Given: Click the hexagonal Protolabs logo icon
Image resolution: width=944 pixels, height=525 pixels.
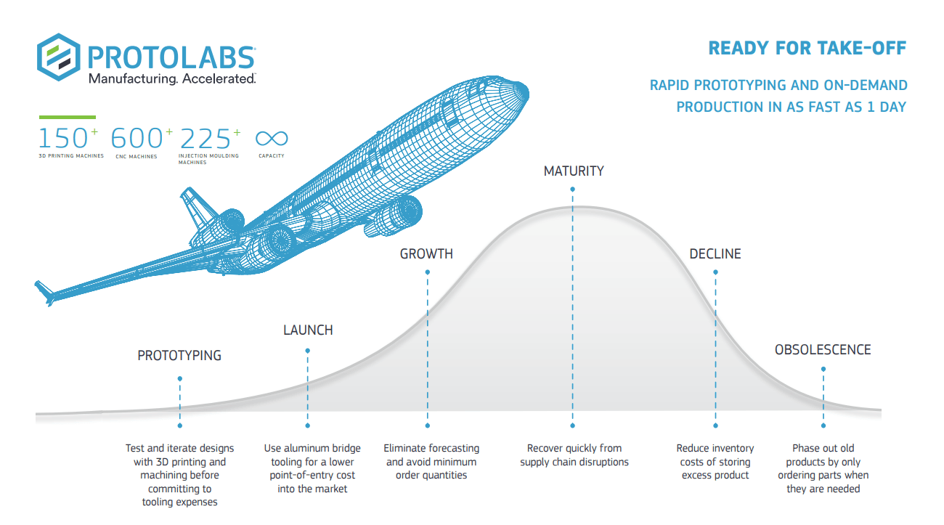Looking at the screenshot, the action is click(x=59, y=57).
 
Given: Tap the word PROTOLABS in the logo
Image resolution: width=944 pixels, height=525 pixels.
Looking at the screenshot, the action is click(x=171, y=57).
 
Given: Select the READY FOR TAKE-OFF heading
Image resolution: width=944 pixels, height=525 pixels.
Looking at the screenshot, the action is click(x=807, y=48).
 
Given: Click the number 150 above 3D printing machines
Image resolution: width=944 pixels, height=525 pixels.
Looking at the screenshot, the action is click(x=63, y=138).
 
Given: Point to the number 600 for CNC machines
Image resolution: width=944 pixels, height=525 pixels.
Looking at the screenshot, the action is click(x=137, y=138).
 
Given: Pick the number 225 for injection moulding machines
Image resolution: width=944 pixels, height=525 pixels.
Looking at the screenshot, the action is click(x=206, y=139).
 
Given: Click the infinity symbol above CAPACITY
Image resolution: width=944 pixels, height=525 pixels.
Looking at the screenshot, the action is click(x=272, y=138).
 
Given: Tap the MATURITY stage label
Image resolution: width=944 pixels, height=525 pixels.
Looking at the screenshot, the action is click(x=574, y=171).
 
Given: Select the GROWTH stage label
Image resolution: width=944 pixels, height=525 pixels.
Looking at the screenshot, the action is click(x=426, y=253).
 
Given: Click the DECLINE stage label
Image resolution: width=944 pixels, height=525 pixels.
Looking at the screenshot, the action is click(x=715, y=253).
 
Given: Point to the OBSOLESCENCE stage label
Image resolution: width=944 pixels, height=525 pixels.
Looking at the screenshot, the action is click(x=823, y=350).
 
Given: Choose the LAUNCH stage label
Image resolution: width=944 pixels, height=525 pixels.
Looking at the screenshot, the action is click(x=308, y=330).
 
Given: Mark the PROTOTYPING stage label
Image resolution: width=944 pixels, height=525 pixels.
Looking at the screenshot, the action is click(x=179, y=356).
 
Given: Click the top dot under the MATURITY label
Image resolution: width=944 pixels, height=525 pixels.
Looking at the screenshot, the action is click(x=572, y=190).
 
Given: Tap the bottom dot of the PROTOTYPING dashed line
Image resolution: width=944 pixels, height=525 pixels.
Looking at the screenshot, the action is click(x=180, y=426).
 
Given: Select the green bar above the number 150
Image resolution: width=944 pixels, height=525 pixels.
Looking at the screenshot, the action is click(x=68, y=117).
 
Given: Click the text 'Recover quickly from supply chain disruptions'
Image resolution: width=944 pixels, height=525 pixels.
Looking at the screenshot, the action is click(x=574, y=455).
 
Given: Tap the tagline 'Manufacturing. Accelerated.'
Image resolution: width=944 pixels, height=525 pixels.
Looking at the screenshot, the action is click(x=172, y=79).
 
